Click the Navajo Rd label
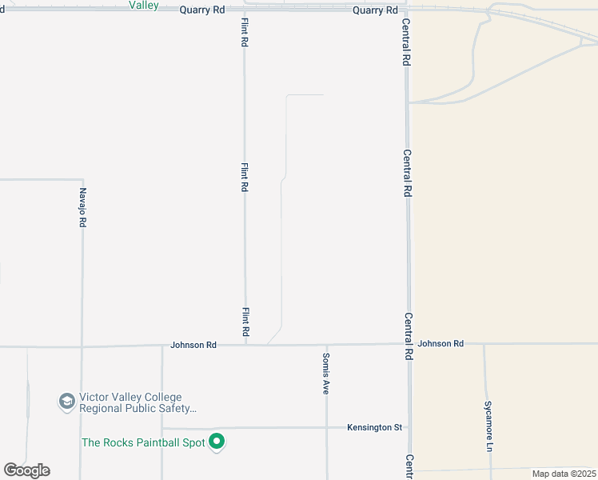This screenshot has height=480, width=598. tap(82, 208)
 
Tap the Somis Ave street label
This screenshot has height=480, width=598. tap(326, 374)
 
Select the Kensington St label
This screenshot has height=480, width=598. tap(374, 427)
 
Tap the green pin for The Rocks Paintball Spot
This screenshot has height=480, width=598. tap(216, 442)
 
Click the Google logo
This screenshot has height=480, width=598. tap(26, 470)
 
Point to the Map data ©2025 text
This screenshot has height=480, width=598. tap(563, 474)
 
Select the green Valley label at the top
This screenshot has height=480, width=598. tap(144, 5)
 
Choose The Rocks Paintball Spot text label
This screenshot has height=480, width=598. tap(143, 442)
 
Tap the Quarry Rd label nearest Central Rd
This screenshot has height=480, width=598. tap(375, 10)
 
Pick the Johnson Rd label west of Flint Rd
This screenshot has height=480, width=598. tap(193, 345)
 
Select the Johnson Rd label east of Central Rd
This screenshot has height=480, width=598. tap(441, 343)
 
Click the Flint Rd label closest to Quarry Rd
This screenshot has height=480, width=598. tap(245, 33)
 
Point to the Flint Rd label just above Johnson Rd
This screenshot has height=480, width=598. tap(245, 322)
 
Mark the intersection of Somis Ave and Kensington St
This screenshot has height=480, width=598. tap(326, 427)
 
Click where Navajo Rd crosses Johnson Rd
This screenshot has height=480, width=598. tap(81, 346)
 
